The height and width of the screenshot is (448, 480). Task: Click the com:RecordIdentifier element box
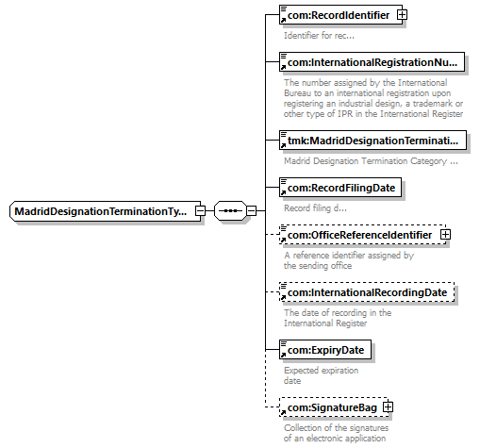tap(340, 15)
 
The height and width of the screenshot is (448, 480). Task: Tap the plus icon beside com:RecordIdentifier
tap(402, 15)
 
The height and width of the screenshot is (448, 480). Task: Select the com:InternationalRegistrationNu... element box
tap(372, 62)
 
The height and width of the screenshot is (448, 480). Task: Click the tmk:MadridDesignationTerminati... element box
tap(372, 141)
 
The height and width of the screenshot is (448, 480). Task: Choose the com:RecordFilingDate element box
tap(340, 188)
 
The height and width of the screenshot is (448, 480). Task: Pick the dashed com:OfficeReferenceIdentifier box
tap(362, 235)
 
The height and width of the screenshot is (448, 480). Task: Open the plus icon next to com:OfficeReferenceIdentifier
tap(445, 235)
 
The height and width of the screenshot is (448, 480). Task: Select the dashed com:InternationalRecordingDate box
tap(367, 292)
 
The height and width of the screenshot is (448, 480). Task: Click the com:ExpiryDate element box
tap(325, 350)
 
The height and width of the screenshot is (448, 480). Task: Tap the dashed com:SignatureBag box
tap(334, 407)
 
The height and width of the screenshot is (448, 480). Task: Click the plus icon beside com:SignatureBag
tap(389, 407)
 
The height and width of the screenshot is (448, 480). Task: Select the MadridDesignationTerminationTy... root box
tap(106, 211)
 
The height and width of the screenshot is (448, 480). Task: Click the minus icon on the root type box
tap(200, 211)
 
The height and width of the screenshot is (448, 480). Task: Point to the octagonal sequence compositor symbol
tap(230, 211)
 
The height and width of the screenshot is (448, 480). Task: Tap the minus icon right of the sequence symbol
tap(251, 211)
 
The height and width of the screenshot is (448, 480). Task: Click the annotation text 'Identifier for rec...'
tap(319, 36)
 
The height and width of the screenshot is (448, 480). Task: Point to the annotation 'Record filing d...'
tap(315, 208)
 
